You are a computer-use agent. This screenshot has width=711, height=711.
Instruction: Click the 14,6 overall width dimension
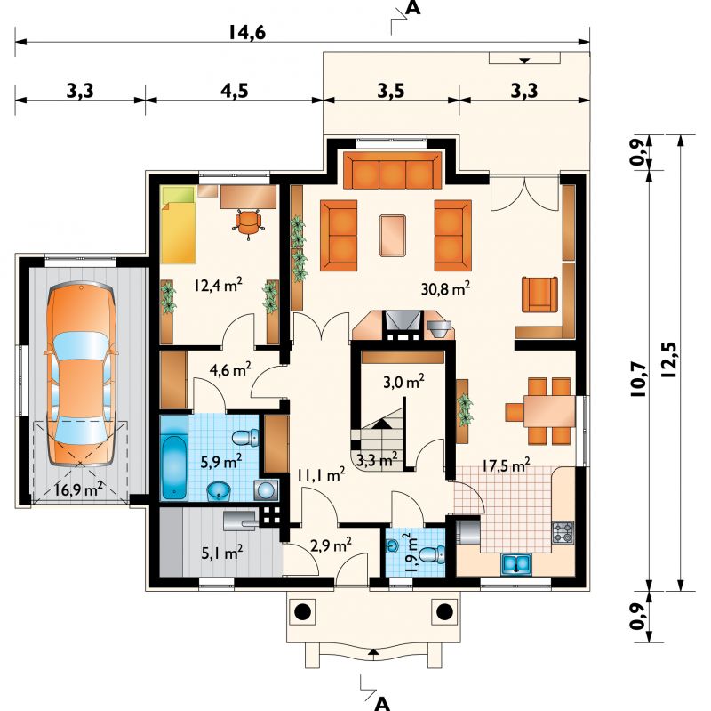pyautogui.click(x=247, y=33)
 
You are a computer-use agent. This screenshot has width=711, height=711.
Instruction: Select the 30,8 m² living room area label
pyautogui.click(x=445, y=288)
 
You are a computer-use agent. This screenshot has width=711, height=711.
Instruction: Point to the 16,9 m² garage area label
pyautogui.click(x=78, y=489)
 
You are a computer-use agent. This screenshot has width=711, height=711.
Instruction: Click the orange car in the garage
pyautogui.click(x=81, y=374)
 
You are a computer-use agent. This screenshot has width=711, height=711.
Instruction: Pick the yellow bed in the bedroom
pyautogui.click(x=179, y=224)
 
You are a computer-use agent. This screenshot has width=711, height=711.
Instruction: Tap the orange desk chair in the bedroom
pyautogui.click(x=249, y=223)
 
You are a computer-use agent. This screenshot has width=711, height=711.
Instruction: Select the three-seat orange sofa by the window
pyautogui.click(x=392, y=170)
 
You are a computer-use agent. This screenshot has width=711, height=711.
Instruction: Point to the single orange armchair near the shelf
pyautogui.click(x=539, y=295)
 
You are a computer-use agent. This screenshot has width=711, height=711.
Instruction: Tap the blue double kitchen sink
pyautogui.click(x=516, y=564)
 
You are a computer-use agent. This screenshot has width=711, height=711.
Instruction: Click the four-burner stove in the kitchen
pyautogui.click(x=563, y=532)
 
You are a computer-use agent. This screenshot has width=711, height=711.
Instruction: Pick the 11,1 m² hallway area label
pyautogui.click(x=321, y=475)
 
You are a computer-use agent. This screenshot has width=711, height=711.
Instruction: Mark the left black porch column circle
pyautogui.click(x=302, y=612)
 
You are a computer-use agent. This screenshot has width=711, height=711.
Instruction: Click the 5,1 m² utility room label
pyautogui.click(x=221, y=553)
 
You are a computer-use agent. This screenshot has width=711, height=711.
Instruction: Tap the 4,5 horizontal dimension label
pyautogui.click(x=235, y=92)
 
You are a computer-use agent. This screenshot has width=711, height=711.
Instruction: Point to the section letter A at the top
pyautogui.click(x=412, y=8)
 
